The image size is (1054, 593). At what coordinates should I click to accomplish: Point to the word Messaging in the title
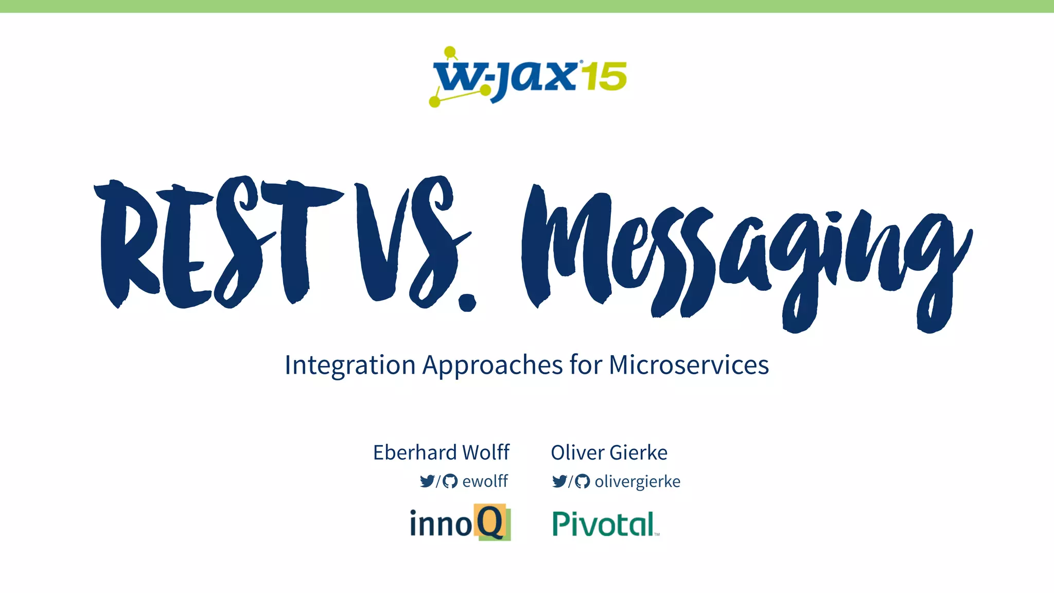[x=746, y=252]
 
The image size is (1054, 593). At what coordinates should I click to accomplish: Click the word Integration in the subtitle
[x=350, y=365]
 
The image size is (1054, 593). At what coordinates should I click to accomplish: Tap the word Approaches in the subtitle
[x=493, y=365]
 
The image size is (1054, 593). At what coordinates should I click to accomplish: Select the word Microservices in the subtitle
[x=689, y=365]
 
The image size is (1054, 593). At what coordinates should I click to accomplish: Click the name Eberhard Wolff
[x=441, y=452]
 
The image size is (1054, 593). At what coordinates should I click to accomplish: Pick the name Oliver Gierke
[x=609, y=452]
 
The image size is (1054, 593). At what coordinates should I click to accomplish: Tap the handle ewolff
[x=485, y=481]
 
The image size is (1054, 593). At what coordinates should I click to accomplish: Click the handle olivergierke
[x=637, y=481]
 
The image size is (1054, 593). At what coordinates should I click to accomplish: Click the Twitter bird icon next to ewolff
[x=427, y=481]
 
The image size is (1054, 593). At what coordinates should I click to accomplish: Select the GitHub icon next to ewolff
[x=450, y=481]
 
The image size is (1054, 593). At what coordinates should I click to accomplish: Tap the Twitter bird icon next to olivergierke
[x=559, y=481]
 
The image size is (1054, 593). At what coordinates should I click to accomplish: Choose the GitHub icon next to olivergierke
[x=582, y=481]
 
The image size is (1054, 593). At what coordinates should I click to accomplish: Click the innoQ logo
[x=460, y=523]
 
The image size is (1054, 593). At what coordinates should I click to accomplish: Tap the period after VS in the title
[x=467, y=303]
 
